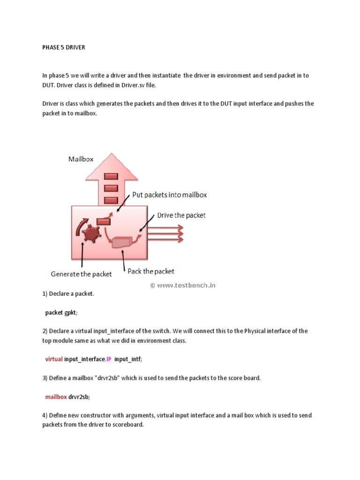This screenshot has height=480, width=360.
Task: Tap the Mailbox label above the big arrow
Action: click(x=81, y=159)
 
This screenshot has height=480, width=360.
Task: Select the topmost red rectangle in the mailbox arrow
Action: click(x=111, y=176)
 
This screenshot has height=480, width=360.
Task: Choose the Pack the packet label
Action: click(x=150, y=271)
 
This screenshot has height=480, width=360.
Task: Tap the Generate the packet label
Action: click(x=81, y=274)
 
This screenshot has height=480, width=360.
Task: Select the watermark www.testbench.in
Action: click(x=182, y=285)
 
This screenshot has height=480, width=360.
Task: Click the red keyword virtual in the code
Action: click(x=54, y=359)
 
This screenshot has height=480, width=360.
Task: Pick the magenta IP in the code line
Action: click(x=108, y=359)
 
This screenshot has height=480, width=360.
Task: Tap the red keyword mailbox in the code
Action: click(x=56, y=397)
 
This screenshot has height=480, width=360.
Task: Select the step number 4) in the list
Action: click(x=45, y=415)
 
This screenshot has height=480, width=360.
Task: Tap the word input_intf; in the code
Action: click(x=128, y=359)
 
